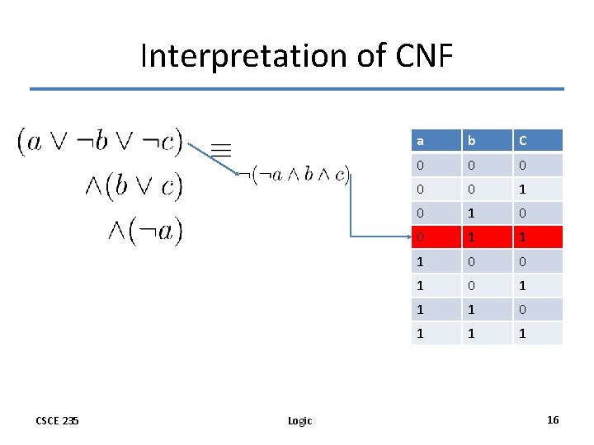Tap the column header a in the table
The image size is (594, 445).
click(436, 141)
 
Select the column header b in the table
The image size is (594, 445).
click(487, 141)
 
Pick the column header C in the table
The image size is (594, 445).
click(537, 141)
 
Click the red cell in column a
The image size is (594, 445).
click(436, 237)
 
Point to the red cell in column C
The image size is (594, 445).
click(537, 237)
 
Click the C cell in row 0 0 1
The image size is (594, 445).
click(537, 190)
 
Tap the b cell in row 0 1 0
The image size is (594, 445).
click(487, 213)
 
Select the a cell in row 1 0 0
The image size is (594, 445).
click(436, 261)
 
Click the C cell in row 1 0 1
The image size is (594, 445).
click(537, 285)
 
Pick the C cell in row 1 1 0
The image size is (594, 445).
click(537, 309)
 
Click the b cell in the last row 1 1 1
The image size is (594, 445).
click(487, 333)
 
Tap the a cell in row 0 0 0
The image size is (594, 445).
click(436, 166)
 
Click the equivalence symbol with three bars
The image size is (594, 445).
click(220, 149)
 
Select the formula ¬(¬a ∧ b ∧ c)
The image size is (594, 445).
click(295, 175)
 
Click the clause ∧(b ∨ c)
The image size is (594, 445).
click(133, 186)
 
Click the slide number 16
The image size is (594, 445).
click(553, 420)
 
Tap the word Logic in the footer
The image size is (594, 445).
click(299, 421)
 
